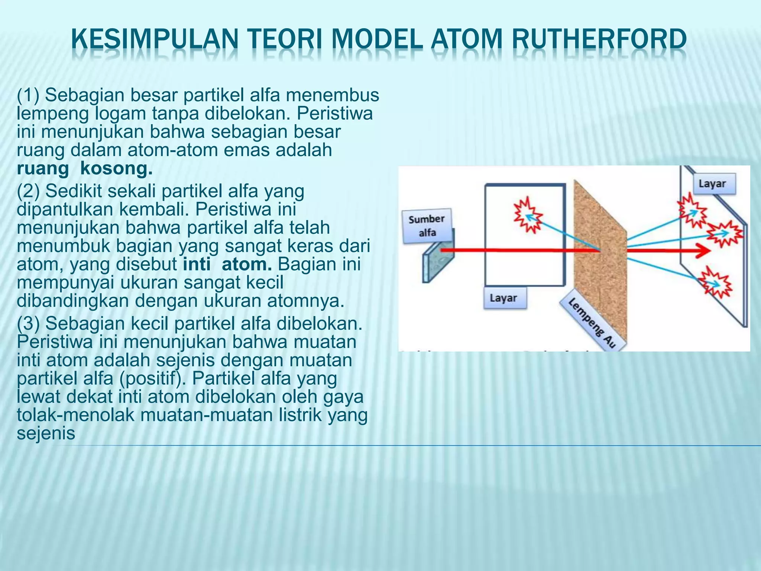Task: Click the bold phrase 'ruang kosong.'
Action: coord(85,168)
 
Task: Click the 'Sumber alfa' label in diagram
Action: coord(427,226)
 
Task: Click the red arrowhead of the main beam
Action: coord(703,251)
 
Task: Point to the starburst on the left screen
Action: coord(527,215)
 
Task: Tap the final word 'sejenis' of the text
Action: coord(46,433)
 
